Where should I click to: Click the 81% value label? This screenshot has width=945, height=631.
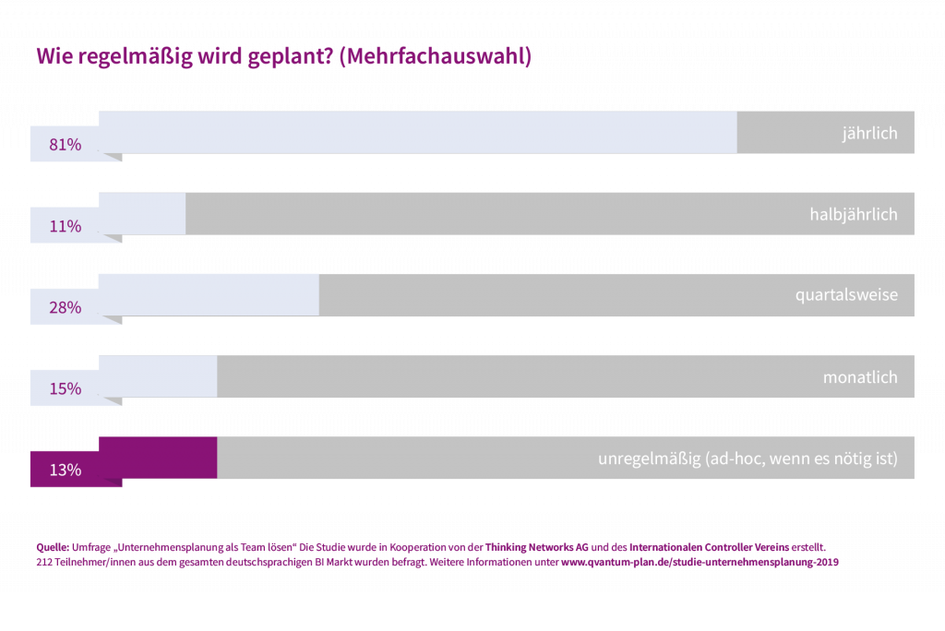tap(66, 145)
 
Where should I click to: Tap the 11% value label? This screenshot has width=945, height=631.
tap(66, 226)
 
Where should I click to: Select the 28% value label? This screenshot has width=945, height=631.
tap(66, 307)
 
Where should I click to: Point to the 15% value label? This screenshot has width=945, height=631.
tap(66, 388)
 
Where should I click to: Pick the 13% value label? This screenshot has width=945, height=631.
tap(66, 470)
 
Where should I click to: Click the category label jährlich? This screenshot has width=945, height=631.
tap(869, 134)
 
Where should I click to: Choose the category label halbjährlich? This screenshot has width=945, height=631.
tap(854, 215)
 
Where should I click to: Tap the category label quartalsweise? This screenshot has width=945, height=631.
tap(846, 296)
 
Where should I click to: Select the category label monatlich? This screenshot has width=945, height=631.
tap(860, 377)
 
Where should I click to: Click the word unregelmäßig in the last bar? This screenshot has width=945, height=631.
tap(649, 458)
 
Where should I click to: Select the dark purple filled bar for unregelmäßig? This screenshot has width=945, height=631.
tap(158, 457)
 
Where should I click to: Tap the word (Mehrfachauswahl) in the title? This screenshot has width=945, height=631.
tap(436, 57)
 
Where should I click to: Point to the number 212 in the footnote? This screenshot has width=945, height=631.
tap(42, 561)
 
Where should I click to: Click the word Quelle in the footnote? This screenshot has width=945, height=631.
tap(47, 546)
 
